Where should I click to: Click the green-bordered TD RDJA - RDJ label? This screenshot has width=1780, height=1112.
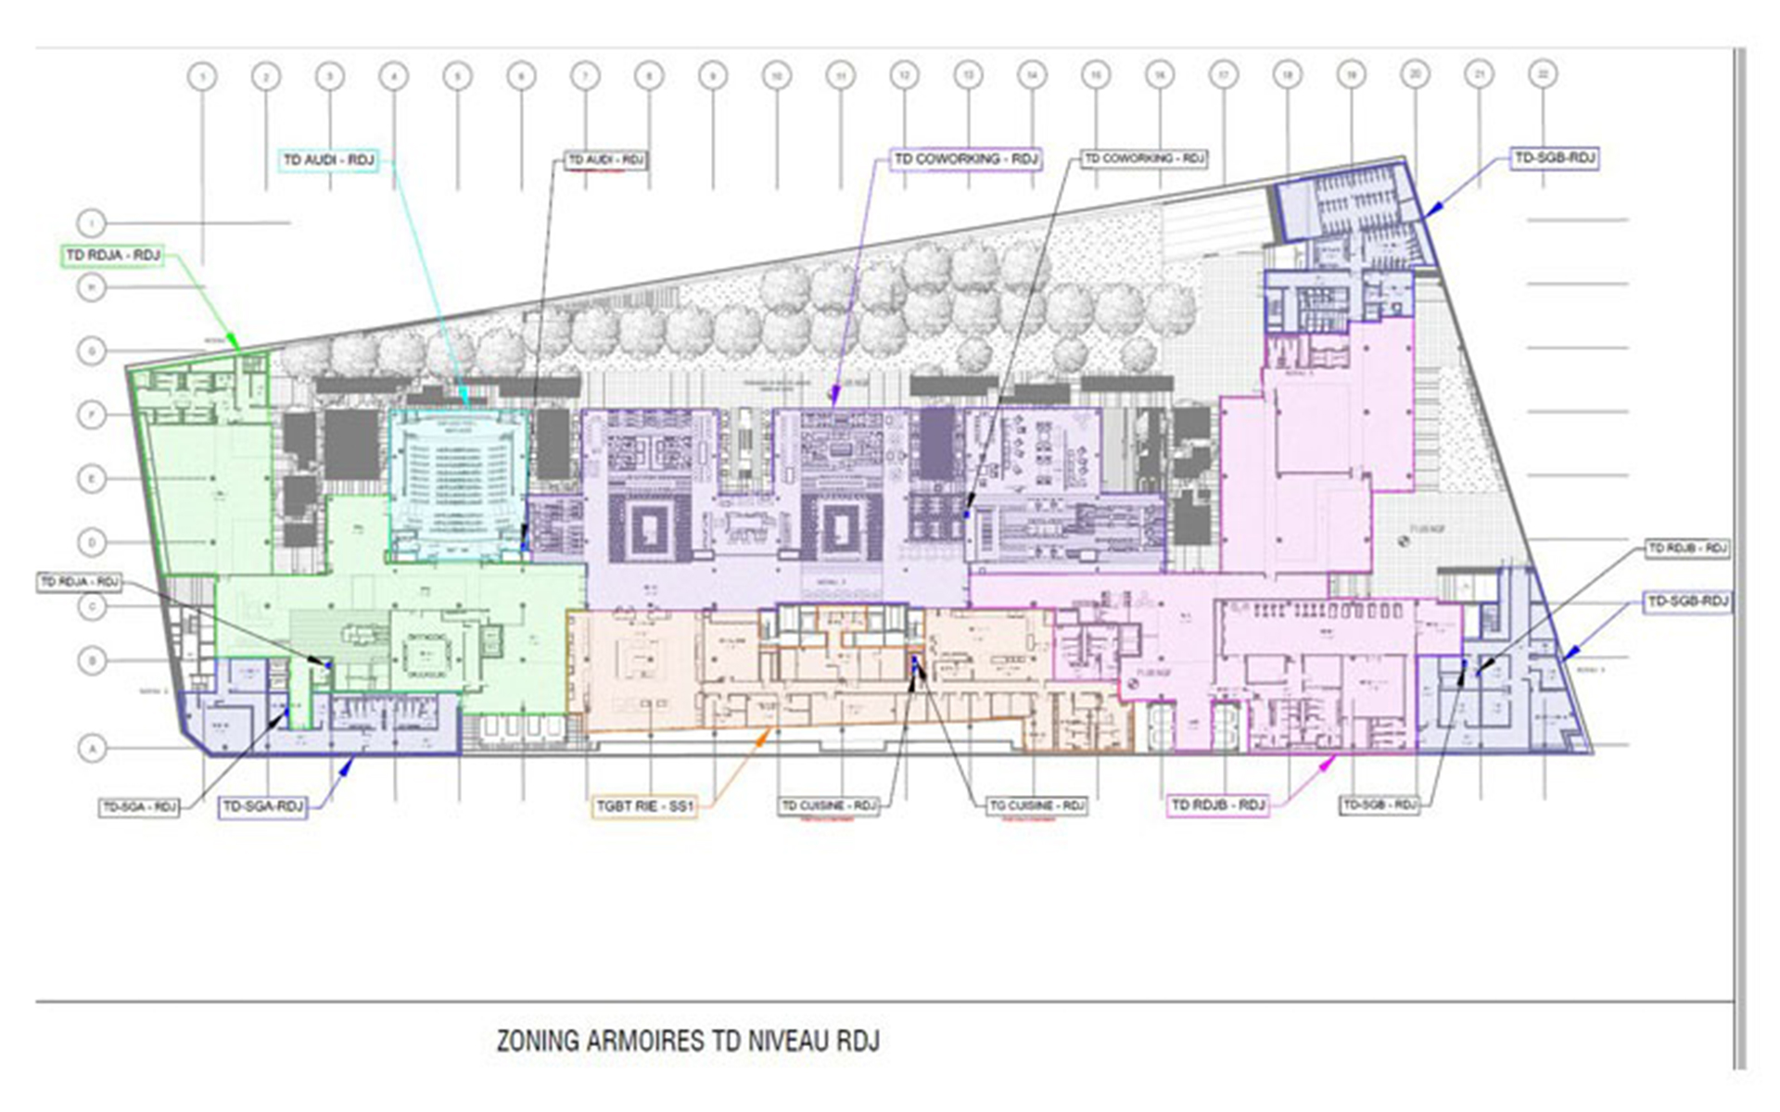coord(112,255)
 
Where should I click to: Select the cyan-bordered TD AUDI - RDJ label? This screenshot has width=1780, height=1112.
coord(328,160)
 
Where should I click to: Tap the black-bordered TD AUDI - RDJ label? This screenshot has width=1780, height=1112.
coord(605,160)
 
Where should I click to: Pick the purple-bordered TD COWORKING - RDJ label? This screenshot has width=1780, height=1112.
coord(965,159)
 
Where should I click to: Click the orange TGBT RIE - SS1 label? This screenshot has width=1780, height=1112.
coord(644,806)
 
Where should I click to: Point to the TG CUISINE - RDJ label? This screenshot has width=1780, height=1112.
coord(1036,805)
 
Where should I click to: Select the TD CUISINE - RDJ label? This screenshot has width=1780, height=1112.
coord(828,805)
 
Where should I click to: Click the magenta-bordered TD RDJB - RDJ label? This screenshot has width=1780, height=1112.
coord(1218,804)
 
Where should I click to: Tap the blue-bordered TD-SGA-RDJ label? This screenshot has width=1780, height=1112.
coord(263,807)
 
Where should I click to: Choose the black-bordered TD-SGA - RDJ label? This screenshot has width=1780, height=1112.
coord(139,807)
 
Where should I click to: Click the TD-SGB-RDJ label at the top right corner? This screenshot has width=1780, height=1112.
coord(1555,158)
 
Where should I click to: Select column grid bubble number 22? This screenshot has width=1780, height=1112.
coord(1543,74)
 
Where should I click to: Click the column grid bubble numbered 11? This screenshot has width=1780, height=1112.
coord(840,76)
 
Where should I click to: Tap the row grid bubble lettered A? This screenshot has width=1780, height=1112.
coord(92,748)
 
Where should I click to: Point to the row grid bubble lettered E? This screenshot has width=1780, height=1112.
coord(92,479)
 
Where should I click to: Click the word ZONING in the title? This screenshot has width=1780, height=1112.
coord(537,1041)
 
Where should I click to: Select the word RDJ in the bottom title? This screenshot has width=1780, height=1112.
coord(858,1041)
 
